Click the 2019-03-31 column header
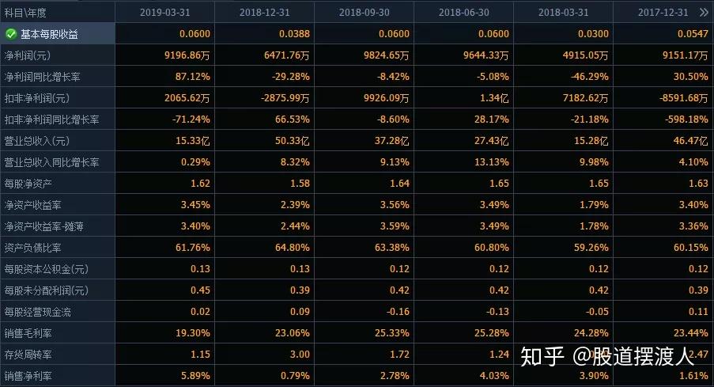(x=164, y=13)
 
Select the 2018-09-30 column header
(x=365, y=13)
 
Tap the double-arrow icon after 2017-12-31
(x=704, y=13)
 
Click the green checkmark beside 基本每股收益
(x=11, y=34)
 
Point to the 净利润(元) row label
(x=28, y=55)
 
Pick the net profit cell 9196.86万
(x=187, y=55)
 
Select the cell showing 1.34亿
(x=494, y=98)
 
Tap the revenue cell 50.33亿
(x=292, y=141)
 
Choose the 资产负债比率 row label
(x=32, y=248)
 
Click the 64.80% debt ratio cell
(x=293, y=248)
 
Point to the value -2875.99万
(x=285, y=98)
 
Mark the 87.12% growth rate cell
(x=193, y=77)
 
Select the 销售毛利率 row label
(x=28, y=333)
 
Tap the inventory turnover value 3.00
(x=300, y=355)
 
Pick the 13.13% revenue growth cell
(x=492, y=162)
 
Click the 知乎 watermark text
(x=542, y=356)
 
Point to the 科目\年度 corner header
(x=25, y=13)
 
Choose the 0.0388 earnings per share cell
(x=294, y=34)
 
